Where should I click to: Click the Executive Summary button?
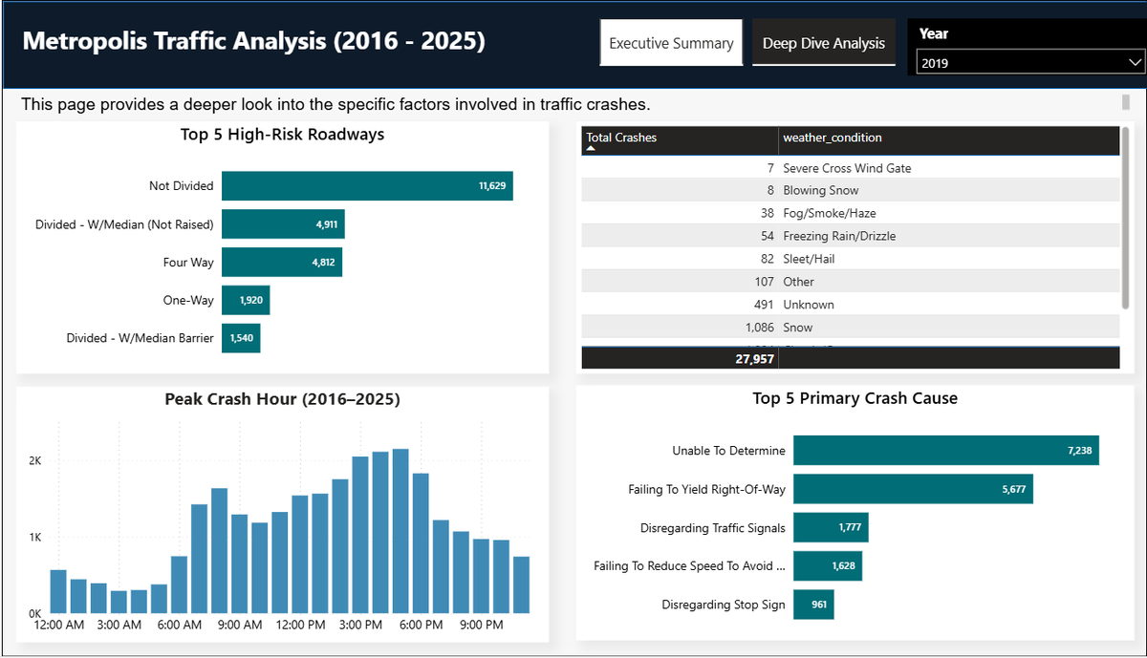(671, 43)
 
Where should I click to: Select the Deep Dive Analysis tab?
(823, 43)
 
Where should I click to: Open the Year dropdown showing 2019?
(1028, 63)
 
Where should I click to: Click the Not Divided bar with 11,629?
(367, 185)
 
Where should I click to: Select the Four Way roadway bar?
(282, 262)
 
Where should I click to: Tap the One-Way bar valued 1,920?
(246, 300)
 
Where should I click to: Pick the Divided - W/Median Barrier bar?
(241, 338)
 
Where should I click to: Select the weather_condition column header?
(833, 138)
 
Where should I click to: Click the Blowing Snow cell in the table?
(820, 190)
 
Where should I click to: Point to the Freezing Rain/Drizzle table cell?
(839, 236)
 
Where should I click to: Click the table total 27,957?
(748, 358)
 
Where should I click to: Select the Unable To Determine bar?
(945, 451)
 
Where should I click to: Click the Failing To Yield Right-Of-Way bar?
(913, 489)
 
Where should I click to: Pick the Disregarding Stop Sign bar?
(813, 605)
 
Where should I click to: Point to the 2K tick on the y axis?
(34, 460)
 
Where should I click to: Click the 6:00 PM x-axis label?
(421, 626)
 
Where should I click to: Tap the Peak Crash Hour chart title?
(282, 399)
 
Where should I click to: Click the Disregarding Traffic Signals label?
(712, 528)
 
